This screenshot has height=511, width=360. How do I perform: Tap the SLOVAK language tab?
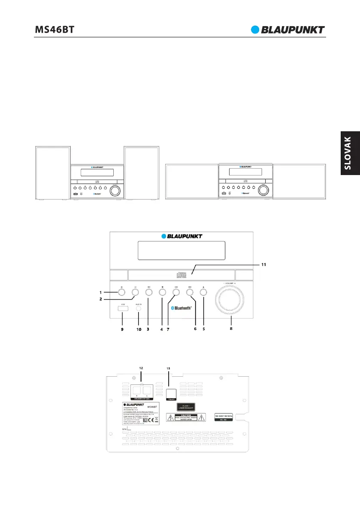click(350, 154)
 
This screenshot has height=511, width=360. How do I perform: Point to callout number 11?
click(264, 265)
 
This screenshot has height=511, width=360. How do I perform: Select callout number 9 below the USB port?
click(122, 330)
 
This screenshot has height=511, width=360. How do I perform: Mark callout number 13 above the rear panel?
click(169, 368)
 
